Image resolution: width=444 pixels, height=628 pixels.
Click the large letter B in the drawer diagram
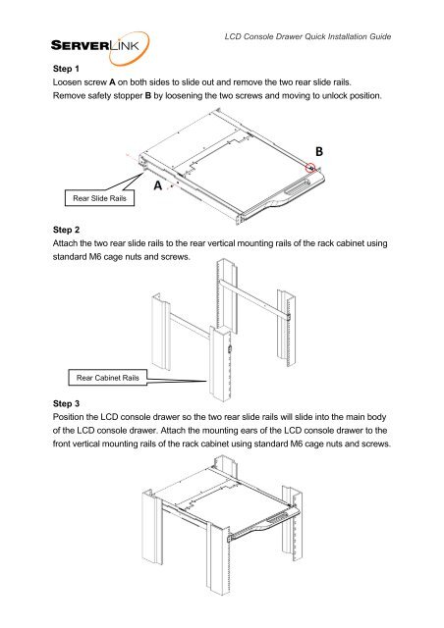tap(319, 150)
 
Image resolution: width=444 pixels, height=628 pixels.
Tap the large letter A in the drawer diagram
tap(157, 184)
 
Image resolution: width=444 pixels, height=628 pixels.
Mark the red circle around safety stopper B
tap(310, 168)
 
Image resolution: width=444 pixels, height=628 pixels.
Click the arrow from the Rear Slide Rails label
tap(136, 183)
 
